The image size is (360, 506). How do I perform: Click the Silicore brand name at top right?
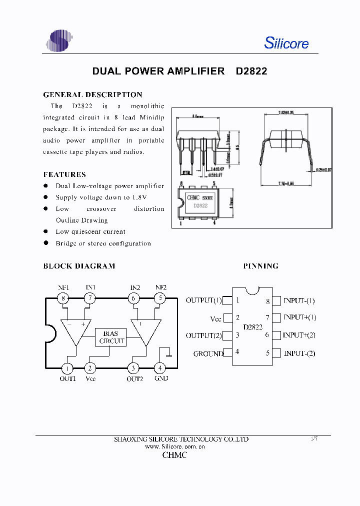point(286,43)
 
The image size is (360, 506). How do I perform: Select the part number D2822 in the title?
point(251,71)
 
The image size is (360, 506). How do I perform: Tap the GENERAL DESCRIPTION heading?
point(92,94)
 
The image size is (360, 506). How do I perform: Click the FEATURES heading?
point(64,174)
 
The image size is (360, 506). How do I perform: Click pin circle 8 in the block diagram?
point(63,298)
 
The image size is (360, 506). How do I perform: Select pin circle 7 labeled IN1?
point(90,298)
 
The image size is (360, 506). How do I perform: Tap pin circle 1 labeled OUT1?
point(67,368)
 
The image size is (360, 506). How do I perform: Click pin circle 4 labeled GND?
point(160,368)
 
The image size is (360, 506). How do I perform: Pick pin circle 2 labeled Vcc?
point(90,368)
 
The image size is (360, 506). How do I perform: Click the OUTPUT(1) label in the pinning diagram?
point(203,300)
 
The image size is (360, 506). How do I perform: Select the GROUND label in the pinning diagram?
point(208,353)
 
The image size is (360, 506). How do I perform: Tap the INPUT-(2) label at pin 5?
point(299,353)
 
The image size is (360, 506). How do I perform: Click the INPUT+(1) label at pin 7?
point(299,317)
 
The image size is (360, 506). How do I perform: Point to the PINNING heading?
point(261,266)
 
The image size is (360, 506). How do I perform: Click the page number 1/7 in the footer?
point(314,438)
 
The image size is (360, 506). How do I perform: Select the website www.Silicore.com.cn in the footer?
point(175,446)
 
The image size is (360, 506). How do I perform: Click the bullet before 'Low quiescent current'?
point(45,231)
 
